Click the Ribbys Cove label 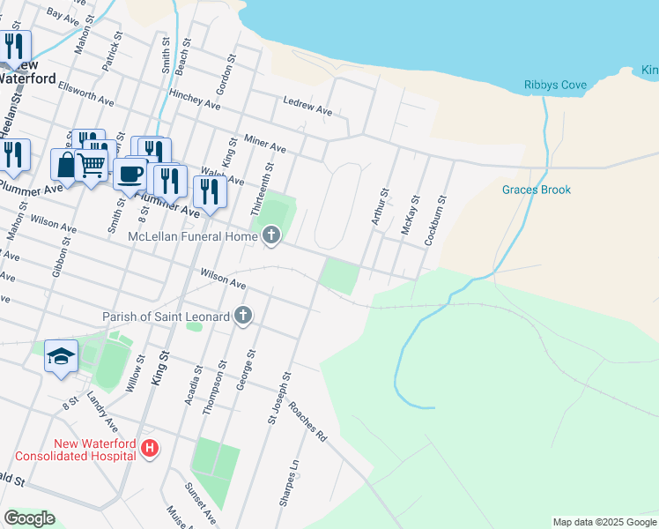[555, 85]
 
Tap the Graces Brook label [537, 190]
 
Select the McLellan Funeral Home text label [190, 236]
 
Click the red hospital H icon [150, 449]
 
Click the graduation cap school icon [60, 356]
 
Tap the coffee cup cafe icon [130, 173]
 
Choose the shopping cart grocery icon [92, 164]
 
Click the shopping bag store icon [67, 164]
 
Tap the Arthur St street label [381, 206]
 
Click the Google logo [30, 518]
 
